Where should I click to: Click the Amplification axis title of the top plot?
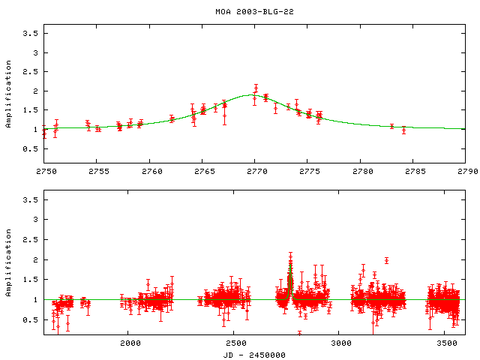[9, 91]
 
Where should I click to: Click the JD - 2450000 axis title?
[254, 354]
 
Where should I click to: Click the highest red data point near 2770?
[256, 88]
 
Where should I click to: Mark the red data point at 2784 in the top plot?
[403, 129]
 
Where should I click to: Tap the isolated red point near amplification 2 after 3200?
[386, 260]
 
